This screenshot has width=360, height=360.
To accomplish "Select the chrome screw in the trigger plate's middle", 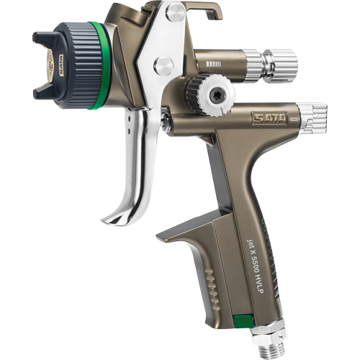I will [163, 66].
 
